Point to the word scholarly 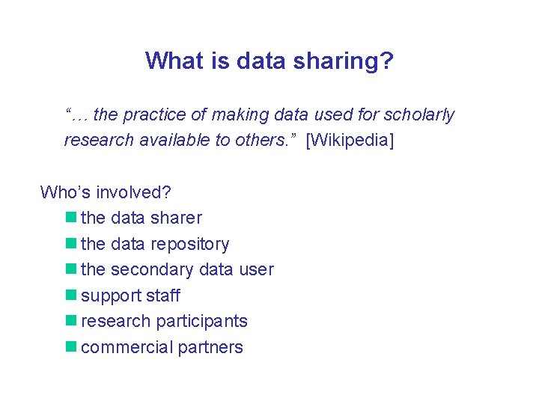418,114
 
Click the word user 256,269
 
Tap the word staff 163,296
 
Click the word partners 210,347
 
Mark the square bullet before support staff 71,296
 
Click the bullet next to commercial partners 71,347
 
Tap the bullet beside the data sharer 71,218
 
